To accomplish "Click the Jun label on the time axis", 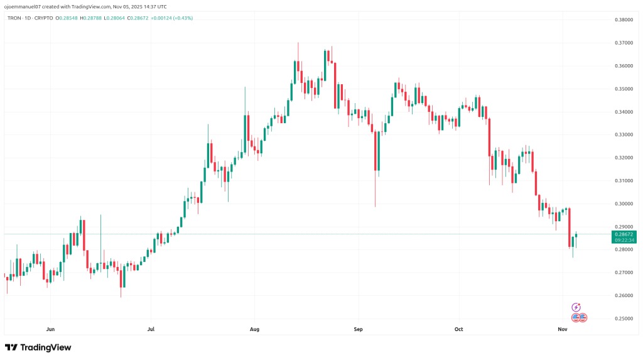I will click(50, 329).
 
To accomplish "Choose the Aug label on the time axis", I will click(254, 329).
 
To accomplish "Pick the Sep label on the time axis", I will click(359, 329).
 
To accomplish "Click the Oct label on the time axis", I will click(459, 329).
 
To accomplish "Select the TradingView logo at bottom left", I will click(38, 347).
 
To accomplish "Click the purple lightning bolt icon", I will click(576, 307).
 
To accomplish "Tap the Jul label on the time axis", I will click(151, 329).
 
